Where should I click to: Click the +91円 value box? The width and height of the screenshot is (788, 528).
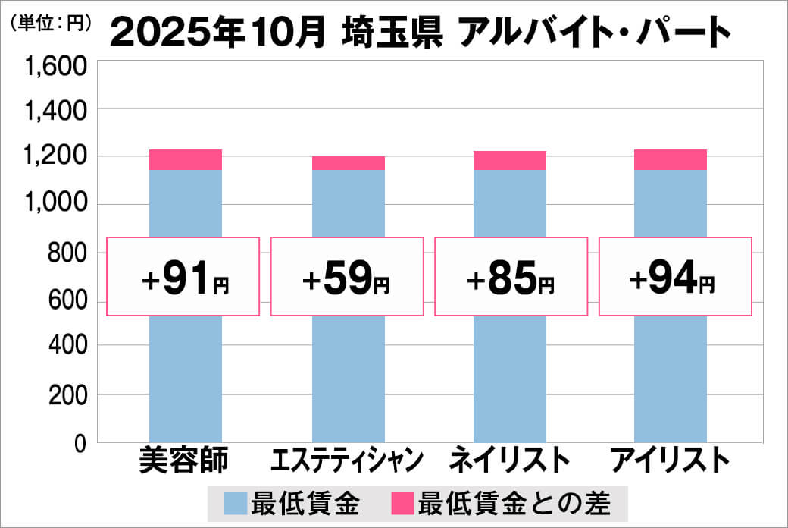click(183, 277)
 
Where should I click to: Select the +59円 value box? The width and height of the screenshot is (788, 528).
click(346, 277)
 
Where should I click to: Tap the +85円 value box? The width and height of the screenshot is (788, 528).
click(511, 277)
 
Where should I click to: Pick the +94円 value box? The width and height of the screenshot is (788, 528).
click(675, 277)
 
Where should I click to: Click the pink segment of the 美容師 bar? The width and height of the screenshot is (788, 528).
click(186, 159)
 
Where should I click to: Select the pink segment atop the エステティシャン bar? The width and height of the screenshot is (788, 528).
click(349, 162)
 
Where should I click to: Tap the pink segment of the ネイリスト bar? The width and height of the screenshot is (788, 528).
click(510, 160)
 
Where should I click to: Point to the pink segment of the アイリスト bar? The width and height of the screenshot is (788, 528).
click(671, 159)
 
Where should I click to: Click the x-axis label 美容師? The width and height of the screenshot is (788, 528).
click(184, 461)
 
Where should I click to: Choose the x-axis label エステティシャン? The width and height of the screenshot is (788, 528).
click(347, 461)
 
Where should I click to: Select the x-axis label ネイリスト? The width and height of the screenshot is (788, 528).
click(509, 461)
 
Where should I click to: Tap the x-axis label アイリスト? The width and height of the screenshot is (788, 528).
click(670, 461)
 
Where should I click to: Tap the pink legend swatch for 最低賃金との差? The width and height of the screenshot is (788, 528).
click(403, 503)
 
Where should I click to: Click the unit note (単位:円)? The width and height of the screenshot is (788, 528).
click(50, 23)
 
